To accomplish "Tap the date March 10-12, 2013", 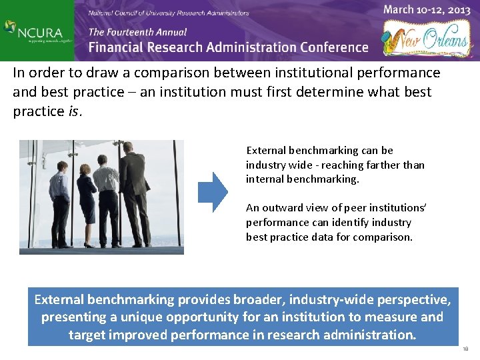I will (427, 10).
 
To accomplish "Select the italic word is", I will (73, 112).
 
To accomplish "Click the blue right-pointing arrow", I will (214, 192).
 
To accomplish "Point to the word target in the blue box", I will (89, 335).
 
